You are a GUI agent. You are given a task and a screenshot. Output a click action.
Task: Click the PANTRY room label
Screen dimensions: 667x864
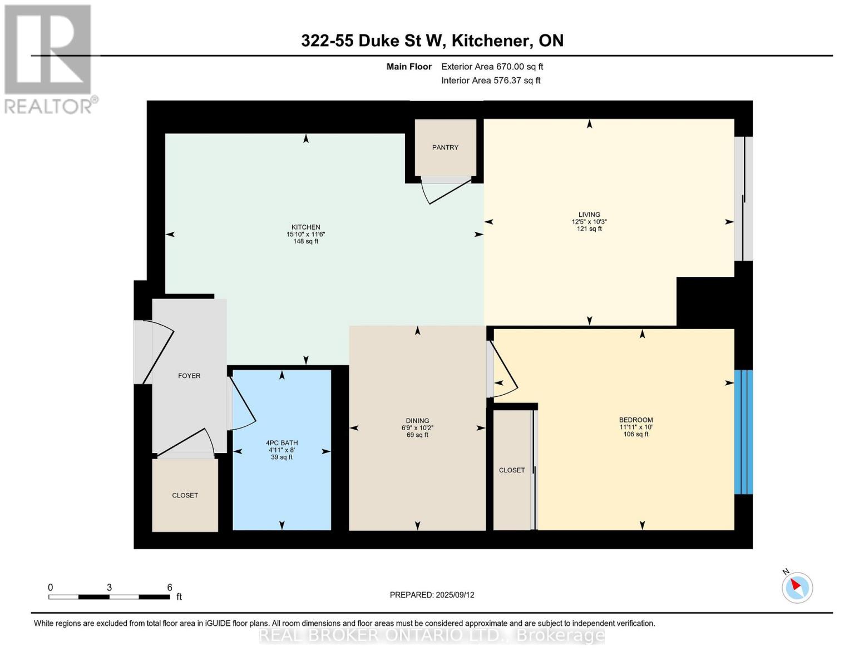point(445,147)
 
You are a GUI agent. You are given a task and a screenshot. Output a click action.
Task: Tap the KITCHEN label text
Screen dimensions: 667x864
point(305,227)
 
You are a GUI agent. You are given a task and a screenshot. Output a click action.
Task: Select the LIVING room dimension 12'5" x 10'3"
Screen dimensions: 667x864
point(589,222)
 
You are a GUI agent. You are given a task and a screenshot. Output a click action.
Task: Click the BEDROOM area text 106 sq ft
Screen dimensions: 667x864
point(636,434)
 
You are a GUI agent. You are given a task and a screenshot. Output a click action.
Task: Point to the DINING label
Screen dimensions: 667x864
point(417,421)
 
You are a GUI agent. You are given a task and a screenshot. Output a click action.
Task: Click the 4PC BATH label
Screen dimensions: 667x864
point(282,443)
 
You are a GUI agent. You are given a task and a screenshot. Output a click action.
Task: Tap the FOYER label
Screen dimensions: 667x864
point(189,376)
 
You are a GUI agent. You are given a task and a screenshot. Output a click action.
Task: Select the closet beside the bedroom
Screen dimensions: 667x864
point(512,470)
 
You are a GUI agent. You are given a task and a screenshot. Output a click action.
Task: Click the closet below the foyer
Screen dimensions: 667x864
point(185,495)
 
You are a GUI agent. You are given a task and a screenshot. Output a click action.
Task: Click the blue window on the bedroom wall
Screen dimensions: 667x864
point(743,432)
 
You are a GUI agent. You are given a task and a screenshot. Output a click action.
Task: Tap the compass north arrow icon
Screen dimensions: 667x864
point(797,587)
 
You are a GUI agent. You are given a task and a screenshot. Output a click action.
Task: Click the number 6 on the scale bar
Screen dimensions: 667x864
point(170,588)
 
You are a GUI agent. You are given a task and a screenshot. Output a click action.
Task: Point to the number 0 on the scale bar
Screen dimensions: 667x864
point(51,588)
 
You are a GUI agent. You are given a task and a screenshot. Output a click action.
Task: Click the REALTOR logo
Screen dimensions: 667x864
point(49,58)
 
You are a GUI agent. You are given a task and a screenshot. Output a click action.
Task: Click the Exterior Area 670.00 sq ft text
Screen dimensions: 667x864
point(492,67)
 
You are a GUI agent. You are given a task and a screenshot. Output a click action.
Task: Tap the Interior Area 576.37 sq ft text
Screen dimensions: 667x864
point(491,81)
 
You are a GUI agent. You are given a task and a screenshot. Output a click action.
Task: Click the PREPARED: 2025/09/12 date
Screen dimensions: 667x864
point(432,595)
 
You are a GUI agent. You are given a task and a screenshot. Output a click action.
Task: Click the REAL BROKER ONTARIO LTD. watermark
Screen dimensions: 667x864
point(432,635)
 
